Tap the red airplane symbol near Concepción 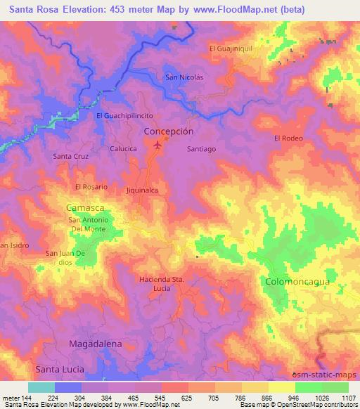click(x=157, y=146)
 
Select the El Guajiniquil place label click(x=230, y=48)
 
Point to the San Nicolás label click(x=184, y=77)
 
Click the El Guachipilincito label click(x=124, y=115)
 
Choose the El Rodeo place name click(x=288, y=138)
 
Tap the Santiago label click(x=201, y=149)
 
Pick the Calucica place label click(x=123, y=149)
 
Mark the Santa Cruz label click(x=70, y=155)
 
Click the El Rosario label click(x=91, y=187)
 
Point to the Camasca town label click(x=85, y=209)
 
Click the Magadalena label click(x=96, y=344)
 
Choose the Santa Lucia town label click(x=60, y=369)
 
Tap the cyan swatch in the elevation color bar click(x=41, y=387)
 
